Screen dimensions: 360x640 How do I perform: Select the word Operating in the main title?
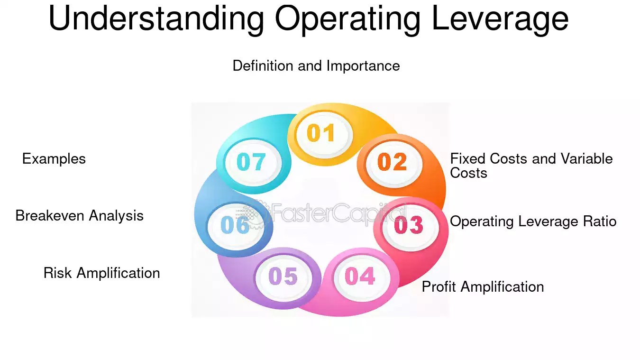347,19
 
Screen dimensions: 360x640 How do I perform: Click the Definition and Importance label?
316,65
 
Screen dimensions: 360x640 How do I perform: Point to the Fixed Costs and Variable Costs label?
531,166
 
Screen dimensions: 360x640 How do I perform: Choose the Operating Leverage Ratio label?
533,221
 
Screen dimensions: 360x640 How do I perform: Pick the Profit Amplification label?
483,286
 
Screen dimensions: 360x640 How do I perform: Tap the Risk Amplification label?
101,273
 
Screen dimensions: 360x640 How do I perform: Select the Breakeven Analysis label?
79,216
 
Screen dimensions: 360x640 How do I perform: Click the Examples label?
54,158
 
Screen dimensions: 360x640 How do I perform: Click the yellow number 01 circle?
321,133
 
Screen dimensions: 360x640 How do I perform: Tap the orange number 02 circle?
392,162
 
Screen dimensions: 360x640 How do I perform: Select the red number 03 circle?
408,225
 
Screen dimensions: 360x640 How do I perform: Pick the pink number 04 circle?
360,276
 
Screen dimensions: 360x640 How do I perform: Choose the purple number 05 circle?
283,277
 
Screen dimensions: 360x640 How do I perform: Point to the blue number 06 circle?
235,225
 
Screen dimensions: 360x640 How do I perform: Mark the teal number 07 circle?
251,162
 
